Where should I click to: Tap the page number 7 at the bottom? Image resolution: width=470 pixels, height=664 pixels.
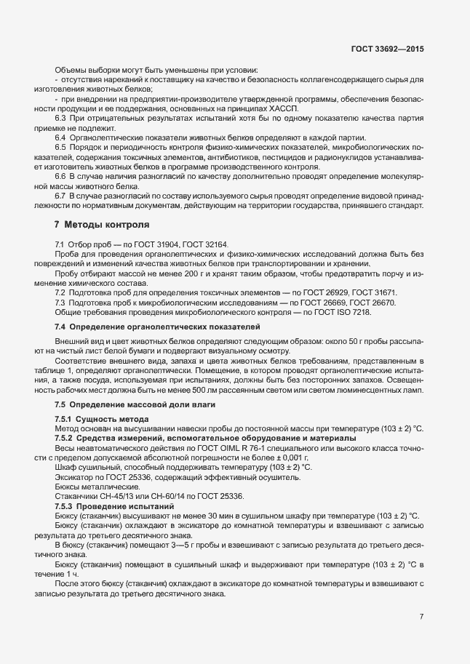[421, 617]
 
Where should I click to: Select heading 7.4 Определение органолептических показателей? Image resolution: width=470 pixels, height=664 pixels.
[158, 327]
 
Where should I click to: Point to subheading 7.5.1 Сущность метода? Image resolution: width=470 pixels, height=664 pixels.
[102, 420]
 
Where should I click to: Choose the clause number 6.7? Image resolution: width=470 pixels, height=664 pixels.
[61, 196]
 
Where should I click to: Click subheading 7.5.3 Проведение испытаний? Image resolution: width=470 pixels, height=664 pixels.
[114, 505]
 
